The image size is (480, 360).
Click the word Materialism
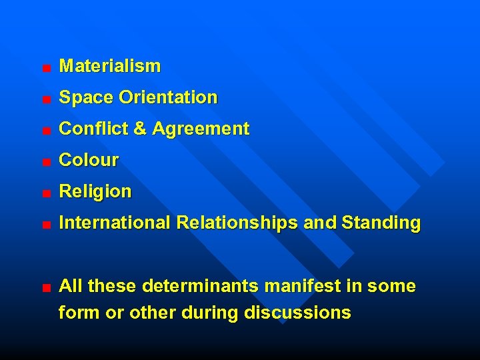pyautogui.click(x=110, y=66)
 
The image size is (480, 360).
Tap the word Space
pyautogui.click(x=87, y=97)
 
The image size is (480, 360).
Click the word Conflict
pyautogui.click(x=94, y=129)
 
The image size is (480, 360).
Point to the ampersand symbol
pyautogui.click(x=140, y=129)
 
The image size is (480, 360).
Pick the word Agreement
pyautogui.click(x=201, y=129)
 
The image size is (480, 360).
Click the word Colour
pyautogui.click(x=89, y=160)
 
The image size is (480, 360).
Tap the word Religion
pyautogui.click(x=95, y=191)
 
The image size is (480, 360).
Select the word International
pyautogui.click(x=115, y=223)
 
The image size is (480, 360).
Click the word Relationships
pyautogui.click(x=237, y=223)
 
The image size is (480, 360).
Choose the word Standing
pyautogui.click(x=381, y=223)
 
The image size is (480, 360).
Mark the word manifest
pyautogui.click(x=303, y=287)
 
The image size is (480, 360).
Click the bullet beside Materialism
pyautogui.click(x=45, y=68)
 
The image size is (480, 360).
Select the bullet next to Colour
pyautogui.click(x=45, y=162)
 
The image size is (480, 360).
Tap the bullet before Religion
pyautogui.click(x=45, y=193)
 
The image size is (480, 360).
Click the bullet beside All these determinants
pyautogui.click(x=45, y=289)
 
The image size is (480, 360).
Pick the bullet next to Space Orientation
pyautogui.click(x=45, y=99)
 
